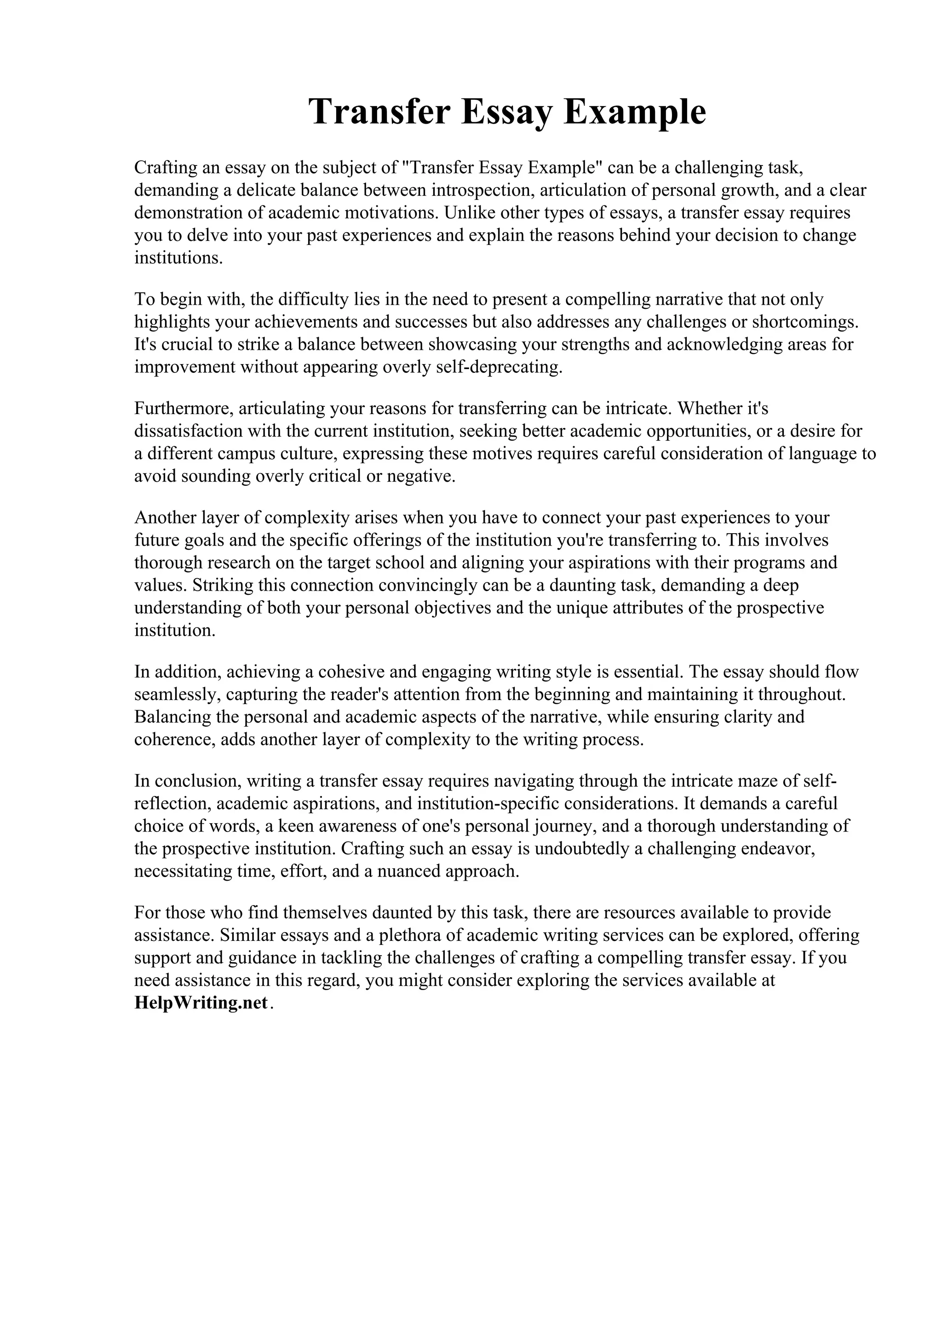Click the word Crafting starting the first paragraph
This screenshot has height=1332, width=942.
pyautogui.click(x=166, y=168)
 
